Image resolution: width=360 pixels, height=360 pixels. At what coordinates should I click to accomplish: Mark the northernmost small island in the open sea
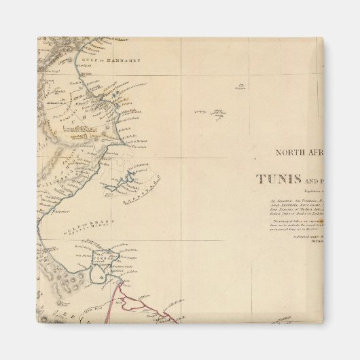click(x=241, y=86)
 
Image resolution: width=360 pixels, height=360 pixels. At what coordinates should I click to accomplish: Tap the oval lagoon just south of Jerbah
click(x=102, y=275)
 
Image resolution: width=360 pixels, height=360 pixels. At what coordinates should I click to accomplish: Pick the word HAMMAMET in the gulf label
click(x=125, y=60)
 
